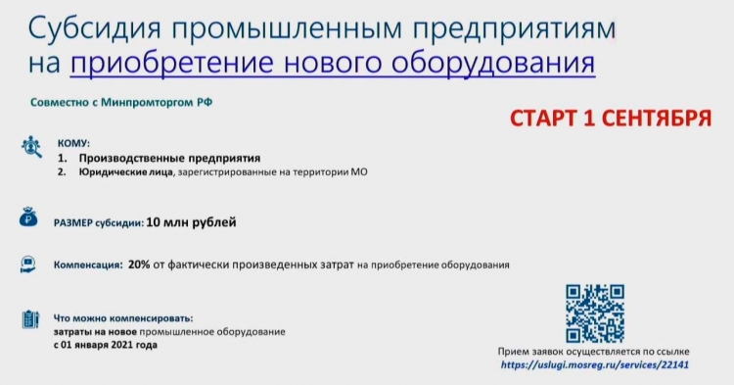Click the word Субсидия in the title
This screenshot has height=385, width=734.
pos(95,28)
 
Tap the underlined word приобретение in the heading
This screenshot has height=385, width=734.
pos(172,63)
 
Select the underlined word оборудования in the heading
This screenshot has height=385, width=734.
pos(493,63)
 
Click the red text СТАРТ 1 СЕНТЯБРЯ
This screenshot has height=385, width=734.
pos(611,118)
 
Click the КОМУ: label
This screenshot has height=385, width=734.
pos(73,143)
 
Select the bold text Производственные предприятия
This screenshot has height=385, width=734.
pos(169,158)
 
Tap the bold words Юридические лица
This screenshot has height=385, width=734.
pos(125,171)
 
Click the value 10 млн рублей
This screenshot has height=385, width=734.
pos(191,222)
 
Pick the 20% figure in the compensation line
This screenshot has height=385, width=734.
pos(139,265)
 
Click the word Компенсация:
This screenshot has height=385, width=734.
pos(87,265)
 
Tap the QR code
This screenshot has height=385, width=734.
pos(594,313)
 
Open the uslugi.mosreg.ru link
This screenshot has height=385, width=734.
pos(594,364)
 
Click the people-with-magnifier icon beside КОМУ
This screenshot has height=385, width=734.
pos(31,147)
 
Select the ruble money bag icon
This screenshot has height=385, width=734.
pos(28,217)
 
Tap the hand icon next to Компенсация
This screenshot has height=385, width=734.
pos(28,265)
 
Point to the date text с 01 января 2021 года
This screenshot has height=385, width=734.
pos(106,345)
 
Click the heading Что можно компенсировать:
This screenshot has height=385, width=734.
pos(123,318)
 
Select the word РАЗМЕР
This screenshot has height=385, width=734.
pos(73,223)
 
